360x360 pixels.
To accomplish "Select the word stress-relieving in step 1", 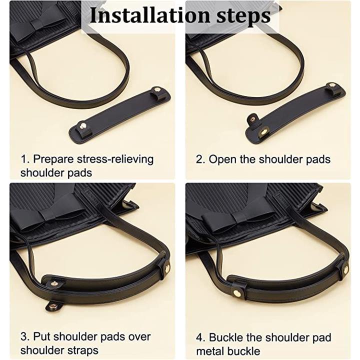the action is coord(115,159).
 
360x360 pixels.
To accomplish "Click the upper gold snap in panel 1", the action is coord(157,89).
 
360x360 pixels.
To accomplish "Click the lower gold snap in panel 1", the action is coord(84,125).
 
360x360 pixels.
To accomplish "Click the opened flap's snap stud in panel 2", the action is coord(253,119).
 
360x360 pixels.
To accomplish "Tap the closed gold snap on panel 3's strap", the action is coord(167,267).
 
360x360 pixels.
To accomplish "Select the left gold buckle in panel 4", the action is coord(236,292).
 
